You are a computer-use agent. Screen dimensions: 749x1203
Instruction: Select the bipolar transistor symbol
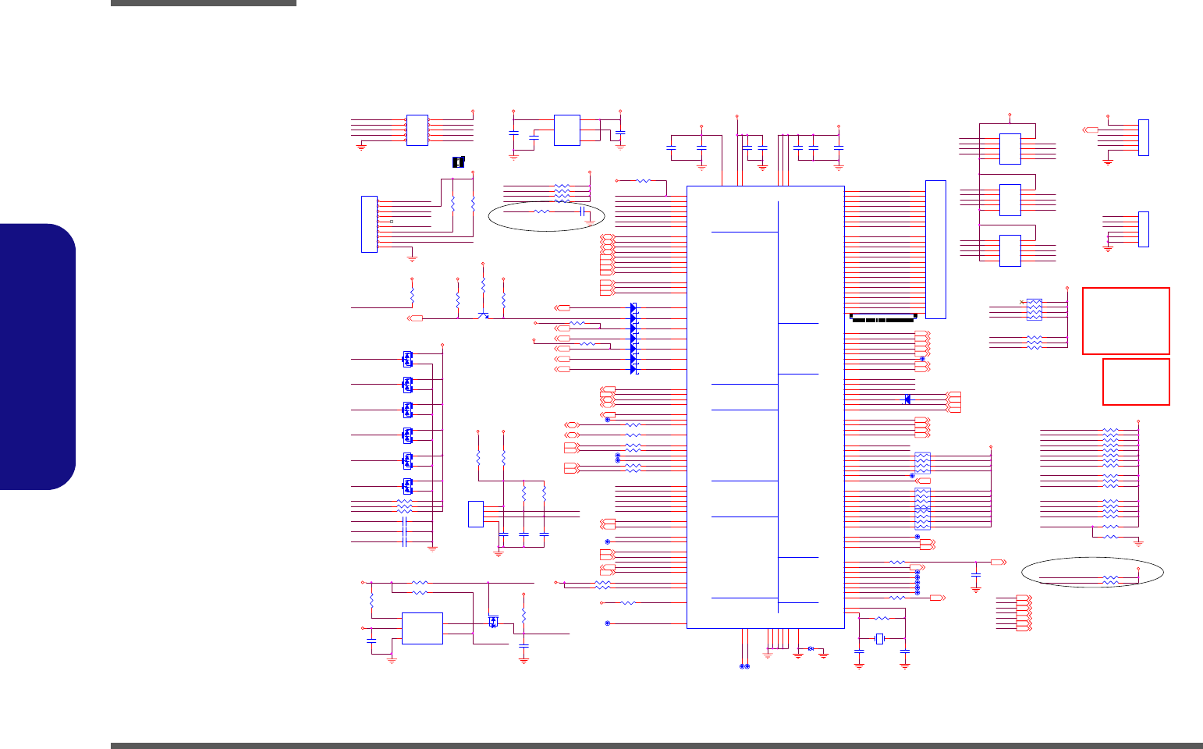[484, 314]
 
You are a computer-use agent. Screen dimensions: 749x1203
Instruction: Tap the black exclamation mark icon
[459, 162]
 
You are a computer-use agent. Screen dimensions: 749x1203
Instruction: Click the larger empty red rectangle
[1126, 321]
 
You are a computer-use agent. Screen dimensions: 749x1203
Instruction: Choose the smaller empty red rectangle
[1136, 382]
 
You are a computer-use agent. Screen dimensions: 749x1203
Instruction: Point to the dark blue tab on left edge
[37, 357]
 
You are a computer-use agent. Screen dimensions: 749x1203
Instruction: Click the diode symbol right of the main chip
[906, 399]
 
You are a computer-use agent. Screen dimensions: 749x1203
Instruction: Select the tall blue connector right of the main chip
[935, 250]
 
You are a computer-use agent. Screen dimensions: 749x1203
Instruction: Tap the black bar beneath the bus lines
[882, 318]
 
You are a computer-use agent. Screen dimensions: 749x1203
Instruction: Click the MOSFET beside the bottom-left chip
[493, 622]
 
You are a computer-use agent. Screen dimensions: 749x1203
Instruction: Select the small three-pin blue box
[475, 513]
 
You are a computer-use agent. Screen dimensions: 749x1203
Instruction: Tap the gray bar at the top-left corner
[203, 3]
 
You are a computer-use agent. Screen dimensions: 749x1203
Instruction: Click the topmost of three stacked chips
[1010, 149]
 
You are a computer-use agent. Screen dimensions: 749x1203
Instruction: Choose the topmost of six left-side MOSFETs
[407, 359]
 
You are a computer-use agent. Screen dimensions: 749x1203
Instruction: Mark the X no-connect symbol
[1022, 302]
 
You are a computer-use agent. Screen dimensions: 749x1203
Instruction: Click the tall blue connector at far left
[369, 225]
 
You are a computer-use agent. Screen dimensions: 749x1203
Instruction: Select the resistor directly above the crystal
[882, 618]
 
